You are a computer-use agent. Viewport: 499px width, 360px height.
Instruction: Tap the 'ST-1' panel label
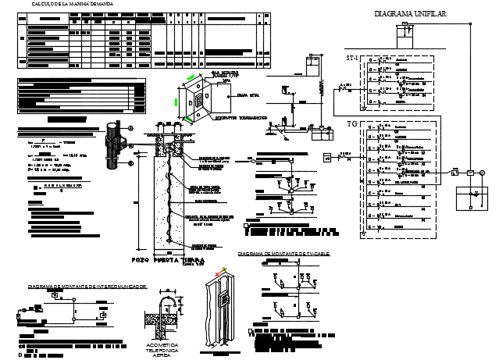tap(353, 59)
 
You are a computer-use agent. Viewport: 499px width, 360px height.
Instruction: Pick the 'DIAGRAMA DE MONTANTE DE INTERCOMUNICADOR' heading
tap(87, 287)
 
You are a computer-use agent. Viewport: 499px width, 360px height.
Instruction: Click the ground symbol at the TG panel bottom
tap(365, 233)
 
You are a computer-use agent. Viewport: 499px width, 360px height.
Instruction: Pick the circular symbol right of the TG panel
tap(482, 173)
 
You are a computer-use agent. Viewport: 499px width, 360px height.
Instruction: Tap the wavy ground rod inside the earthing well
tap(166, 195)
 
